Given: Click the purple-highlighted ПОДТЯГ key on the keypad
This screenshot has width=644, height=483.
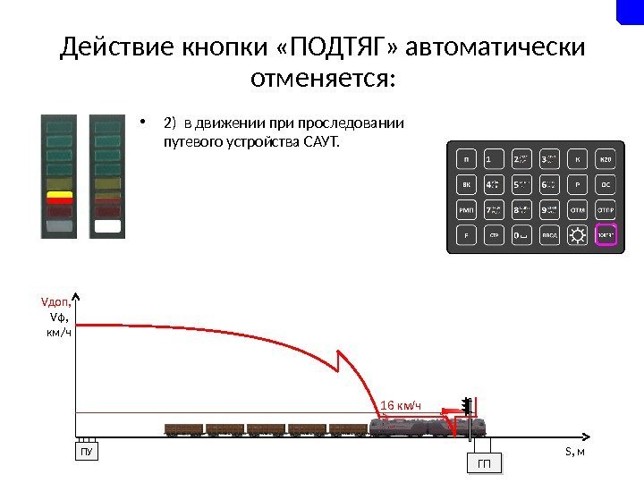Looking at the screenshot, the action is [606, 236].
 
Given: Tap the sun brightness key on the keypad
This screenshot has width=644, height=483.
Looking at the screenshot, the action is [578, 236].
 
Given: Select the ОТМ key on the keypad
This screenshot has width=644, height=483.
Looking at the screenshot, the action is [578, 211].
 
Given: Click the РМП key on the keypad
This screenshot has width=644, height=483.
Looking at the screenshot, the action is [466, 211].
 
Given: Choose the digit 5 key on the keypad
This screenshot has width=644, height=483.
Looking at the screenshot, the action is [521, 186].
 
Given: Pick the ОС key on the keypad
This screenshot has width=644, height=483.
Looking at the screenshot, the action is [606, 186].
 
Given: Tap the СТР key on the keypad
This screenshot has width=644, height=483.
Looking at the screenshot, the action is [493, 236].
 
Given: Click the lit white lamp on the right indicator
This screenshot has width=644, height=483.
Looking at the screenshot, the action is [106, 226].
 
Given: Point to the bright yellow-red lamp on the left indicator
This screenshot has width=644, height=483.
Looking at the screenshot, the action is [60, 197].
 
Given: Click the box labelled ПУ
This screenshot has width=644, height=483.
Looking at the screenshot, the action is [86, 452].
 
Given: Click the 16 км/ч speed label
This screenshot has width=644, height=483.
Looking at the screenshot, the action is [401, 407].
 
